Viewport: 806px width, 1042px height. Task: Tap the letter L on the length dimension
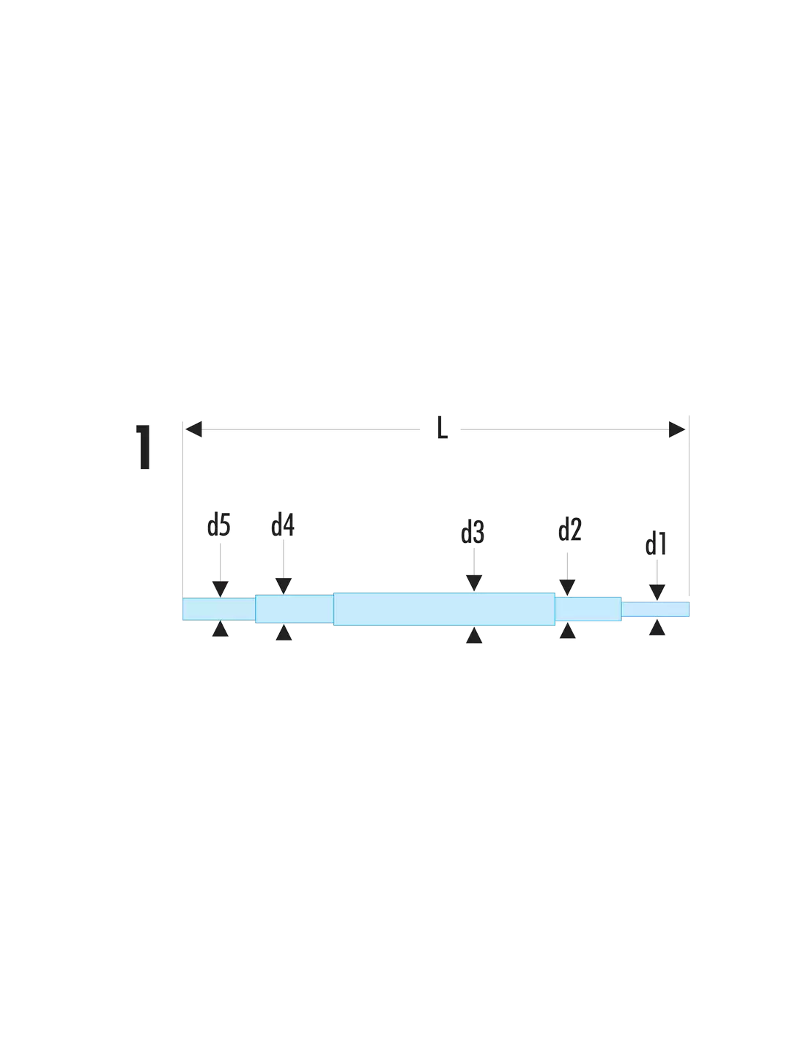(x=442, y=428)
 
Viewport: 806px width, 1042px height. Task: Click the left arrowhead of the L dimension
(x=193, y=429)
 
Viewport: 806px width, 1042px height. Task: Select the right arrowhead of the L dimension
(x=676, y=429)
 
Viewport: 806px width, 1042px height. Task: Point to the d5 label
(x=218, y=525)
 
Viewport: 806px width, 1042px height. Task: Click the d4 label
(x=282, y=524)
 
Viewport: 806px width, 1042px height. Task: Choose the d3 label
(x=473, y=532)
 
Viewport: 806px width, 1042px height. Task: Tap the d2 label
(x=569, y=529)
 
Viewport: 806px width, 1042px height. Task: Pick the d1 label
(x=656, y=544)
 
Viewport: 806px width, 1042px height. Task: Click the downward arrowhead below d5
(x=220, y=589)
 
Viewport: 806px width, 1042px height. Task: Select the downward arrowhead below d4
(x=284, y=586)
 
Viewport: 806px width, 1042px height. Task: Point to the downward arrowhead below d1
(x=657, y=592)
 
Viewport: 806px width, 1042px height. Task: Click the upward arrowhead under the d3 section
(x=474, y=635)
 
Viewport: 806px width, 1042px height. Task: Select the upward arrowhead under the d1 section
(x=657, y=627)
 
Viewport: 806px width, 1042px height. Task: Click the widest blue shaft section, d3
(x=444, y=609)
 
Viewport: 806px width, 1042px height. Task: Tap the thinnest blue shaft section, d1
(x=655, y=609)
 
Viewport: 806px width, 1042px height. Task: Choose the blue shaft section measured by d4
(x=295, y=608)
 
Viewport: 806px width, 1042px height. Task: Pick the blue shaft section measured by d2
(x=588, y=609)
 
